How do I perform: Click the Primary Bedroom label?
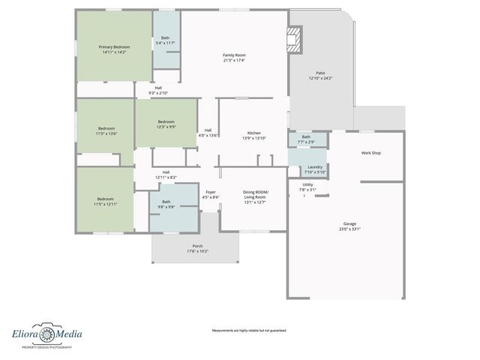point(114,49)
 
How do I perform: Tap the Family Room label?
point(234,58)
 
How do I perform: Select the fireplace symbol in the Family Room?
point(296,38)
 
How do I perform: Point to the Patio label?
point(320,75)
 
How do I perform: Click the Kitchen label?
point(253,136)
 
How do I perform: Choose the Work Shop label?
point(371,153)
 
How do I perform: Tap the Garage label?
point(349,226)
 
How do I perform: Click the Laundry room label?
point(315,169)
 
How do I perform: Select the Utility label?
point(308,187)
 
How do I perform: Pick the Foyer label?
point(211,194)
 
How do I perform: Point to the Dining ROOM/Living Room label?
point(255,196)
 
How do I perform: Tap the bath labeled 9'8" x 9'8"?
point(166,204)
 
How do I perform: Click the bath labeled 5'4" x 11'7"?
point(165,40)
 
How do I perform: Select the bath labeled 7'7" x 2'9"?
point(306,139)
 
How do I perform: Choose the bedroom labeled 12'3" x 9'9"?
point(166,124)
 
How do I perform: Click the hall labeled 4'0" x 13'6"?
point(208,133)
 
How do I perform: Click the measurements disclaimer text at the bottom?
point(248,330)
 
